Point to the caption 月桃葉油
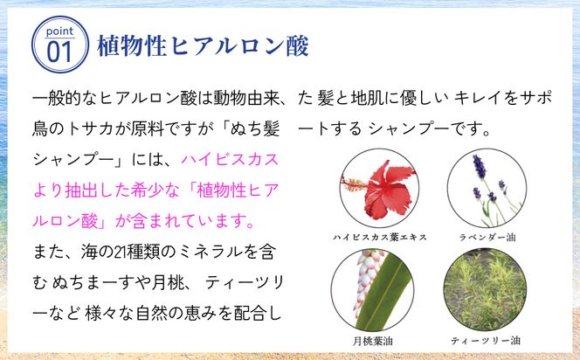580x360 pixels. (x=372, y=341)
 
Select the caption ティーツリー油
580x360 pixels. (x=486, y=341)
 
